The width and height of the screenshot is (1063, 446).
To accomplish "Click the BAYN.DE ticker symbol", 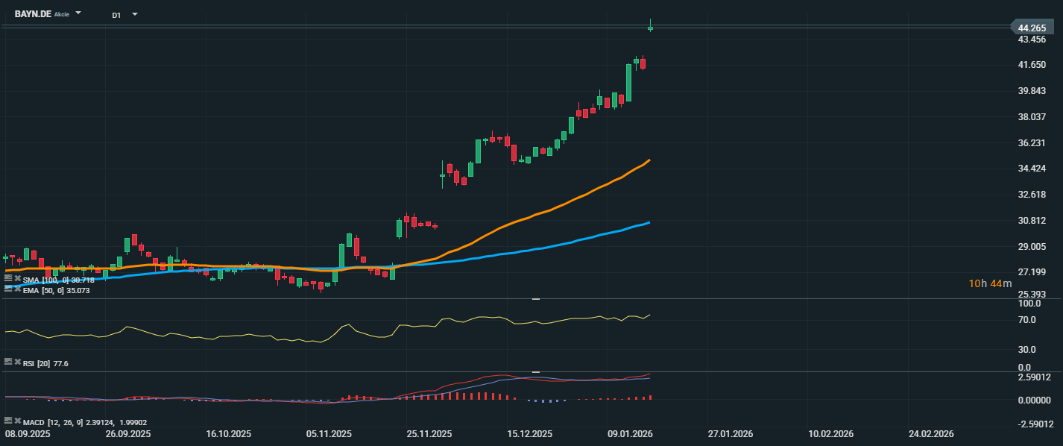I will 33,14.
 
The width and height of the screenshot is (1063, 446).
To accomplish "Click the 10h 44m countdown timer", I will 990,283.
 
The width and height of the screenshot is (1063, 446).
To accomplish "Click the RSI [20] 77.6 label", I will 46,363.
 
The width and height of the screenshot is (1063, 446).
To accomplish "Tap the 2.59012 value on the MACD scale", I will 1033,377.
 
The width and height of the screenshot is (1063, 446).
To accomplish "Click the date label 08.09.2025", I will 28,433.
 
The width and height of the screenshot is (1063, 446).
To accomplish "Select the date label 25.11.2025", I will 429,433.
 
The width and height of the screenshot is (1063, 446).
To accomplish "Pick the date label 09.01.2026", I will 630,433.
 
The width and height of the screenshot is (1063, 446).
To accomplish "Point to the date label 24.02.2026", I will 930,433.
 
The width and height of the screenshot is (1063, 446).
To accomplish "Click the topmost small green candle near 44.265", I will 650,28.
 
